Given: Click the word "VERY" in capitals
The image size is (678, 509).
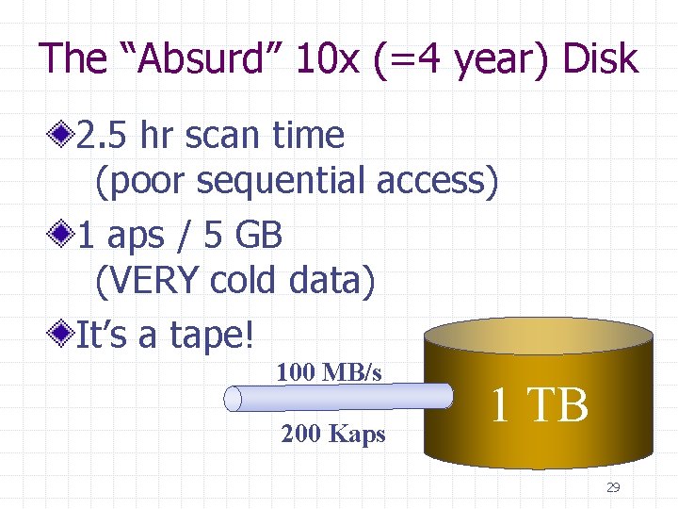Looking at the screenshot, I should (149, 280).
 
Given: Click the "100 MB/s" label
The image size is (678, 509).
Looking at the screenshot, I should (329, 373).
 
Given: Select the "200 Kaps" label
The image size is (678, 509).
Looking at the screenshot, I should (332, 435).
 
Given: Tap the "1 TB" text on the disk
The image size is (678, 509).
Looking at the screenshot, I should (539, 405).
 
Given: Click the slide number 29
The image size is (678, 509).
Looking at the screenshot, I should (613, 487).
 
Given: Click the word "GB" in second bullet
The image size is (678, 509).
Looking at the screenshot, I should (258, 235).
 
